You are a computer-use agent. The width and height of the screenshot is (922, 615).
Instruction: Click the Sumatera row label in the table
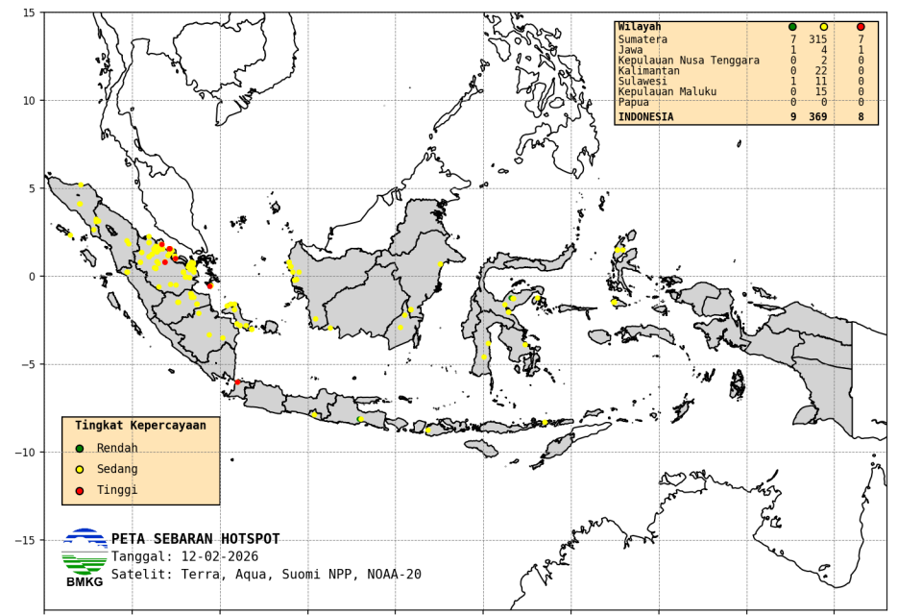[x=643, y=39]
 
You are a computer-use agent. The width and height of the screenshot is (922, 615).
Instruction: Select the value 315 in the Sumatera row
[x=817, y=39]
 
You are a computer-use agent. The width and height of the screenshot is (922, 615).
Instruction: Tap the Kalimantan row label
[x=648, y=71]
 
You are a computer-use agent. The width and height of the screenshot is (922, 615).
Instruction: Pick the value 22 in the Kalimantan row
[x=820, y=71]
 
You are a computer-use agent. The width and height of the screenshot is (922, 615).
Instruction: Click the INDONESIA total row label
[x=645, y=117]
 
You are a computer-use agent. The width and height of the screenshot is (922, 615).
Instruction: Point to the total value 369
[x=817, y=117]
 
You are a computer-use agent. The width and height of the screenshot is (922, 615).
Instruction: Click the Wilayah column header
[x=639, y=27]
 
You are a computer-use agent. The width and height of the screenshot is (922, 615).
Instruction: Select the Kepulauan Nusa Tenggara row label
[x=689, y=61]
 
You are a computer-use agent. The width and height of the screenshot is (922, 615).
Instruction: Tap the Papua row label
[x=633, y=102]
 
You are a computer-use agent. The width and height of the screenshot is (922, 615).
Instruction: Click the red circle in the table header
[x=861, y=27]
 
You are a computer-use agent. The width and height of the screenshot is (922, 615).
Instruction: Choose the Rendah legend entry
[x=116, y=448]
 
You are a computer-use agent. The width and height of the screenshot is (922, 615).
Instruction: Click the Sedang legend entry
[x=116, y=469]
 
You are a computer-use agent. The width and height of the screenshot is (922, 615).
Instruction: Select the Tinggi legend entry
[x=116, y=490]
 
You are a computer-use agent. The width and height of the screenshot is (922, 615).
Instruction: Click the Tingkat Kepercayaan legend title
[x=140, y=425]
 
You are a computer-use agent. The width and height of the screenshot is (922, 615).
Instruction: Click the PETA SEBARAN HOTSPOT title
[x=195, y=539]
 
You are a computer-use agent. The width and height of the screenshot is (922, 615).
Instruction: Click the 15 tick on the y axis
[x=29, y=12]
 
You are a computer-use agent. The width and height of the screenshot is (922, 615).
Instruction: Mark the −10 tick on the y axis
[x=25, y=452]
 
